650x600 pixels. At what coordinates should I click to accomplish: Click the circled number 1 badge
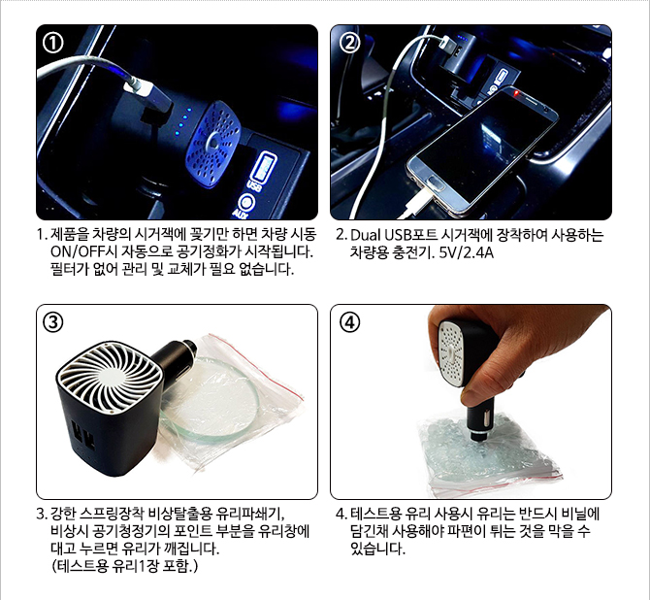point(53,43)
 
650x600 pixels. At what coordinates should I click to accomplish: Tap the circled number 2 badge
point(350,43)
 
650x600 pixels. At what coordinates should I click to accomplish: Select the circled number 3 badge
point(53,322)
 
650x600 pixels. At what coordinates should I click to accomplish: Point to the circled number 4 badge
point(350,322)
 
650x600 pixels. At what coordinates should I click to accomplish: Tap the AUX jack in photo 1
point(247,202)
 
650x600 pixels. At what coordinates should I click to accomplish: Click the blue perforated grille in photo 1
point(213,143)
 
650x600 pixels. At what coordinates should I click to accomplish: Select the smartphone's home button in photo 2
point(435,182)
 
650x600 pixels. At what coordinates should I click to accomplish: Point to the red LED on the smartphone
point(516,93)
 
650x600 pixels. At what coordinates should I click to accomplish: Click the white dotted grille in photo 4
point(452,353)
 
